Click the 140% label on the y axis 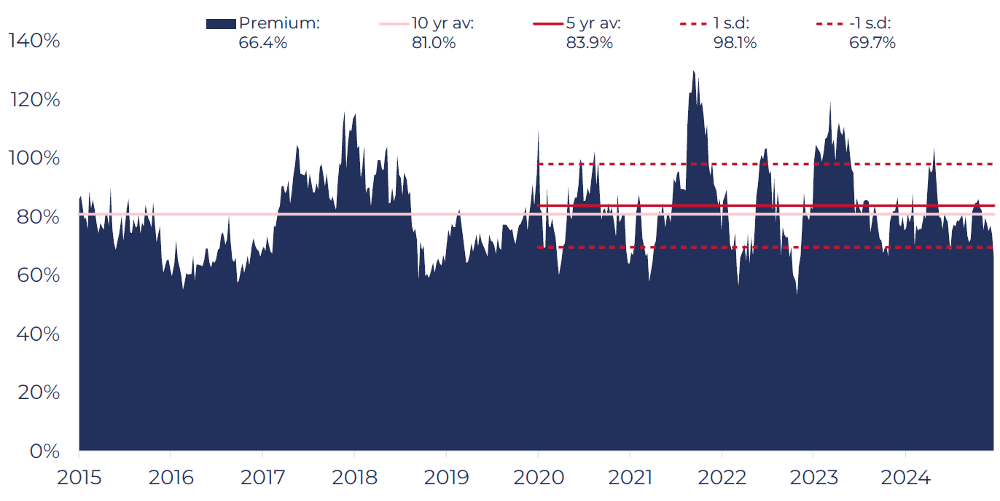(x=34, y=41)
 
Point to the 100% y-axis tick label (x=34, y=158)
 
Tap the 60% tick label (x=39, y=275)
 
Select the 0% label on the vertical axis (x=44, y=451)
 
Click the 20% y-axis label (x=39, y=392)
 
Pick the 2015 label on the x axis (x=79, y=478)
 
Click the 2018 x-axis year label (x=354, y=478)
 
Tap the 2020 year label (x=539, y=478)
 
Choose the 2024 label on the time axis (x=905, y=478)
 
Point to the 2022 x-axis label (x=722, y=478)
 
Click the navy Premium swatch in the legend (x=221, y=24)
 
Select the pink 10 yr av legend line (x=394, y=23)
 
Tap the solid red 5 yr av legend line (x=548, y=23)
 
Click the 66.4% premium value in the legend (x=262, y=43)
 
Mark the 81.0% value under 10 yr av (x=434, y=43)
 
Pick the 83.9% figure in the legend (x=589, y=43)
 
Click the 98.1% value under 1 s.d (x=735, y=43)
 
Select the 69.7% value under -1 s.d (x=872, y=43)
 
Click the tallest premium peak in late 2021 (x=693, y=71)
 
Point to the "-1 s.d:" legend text (x=870, y=23)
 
